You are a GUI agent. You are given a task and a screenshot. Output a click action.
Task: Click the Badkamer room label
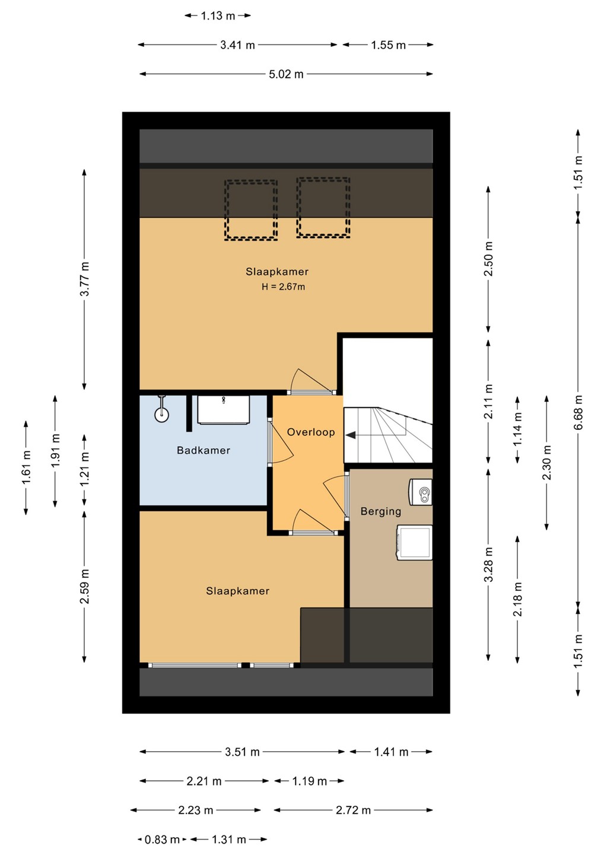coord(204,450)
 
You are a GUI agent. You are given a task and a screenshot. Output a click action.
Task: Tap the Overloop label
coord(311,432)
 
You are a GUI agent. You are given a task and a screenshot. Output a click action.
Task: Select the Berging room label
coord(380,511)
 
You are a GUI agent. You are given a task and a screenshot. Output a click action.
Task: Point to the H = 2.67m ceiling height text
coord(284,287)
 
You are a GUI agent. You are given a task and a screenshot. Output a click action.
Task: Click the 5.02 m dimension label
coord(286,74)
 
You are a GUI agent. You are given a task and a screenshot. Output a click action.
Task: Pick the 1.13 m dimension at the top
coord(218,15)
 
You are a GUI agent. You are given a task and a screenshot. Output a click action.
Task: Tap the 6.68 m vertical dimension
coord(578,412)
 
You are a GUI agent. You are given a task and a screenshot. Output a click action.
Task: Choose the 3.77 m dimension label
coord(84,279)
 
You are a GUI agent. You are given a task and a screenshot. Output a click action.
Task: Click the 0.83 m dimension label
coord(162,840)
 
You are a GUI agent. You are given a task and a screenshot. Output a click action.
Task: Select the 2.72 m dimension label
coord(353,810)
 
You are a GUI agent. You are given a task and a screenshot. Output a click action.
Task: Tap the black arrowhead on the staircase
coord(351,435)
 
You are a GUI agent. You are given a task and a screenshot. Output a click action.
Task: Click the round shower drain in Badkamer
coord(161,415)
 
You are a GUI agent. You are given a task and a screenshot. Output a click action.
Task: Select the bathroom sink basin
coord(224,410)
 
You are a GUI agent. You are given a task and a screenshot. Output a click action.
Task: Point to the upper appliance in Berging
coord(421,492)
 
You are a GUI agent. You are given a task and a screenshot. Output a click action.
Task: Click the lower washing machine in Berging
coord(415,543)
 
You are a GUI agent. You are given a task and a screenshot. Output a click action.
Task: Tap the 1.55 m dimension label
coord(388,45)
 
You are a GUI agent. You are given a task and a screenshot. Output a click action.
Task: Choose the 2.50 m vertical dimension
coord(488,258)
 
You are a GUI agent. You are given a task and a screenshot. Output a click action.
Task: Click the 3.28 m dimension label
coord(488,564)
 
